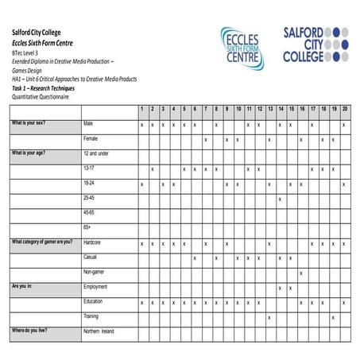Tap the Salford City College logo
[x=315, y=44]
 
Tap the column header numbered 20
[x=344, y=109]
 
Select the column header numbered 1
[x=141, y=109]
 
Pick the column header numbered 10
[x=238, y=109]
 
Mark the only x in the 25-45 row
[x=280, y=198]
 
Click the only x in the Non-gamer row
[x=301, y=273]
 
